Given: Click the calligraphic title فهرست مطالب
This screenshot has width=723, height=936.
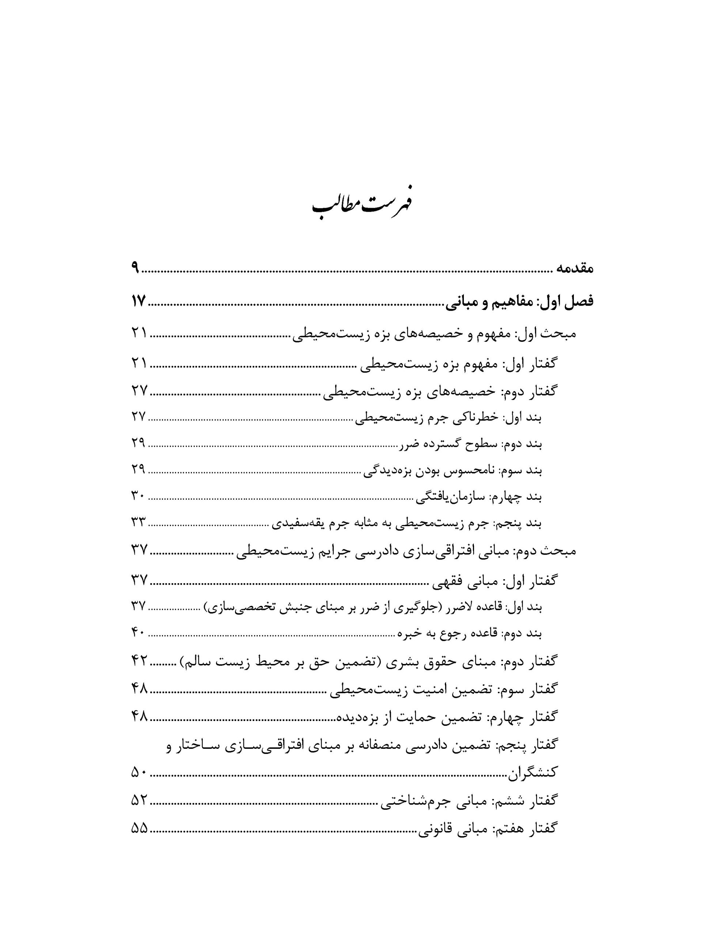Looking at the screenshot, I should [361, 206].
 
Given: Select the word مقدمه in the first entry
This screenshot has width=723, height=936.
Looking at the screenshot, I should [574, 269].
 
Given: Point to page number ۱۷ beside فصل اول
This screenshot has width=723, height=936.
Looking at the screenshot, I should [139, 301].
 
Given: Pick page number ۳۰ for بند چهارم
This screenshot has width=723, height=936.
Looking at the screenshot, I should [139, 496].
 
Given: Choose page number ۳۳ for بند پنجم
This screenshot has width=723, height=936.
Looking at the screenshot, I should [139, 522].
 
